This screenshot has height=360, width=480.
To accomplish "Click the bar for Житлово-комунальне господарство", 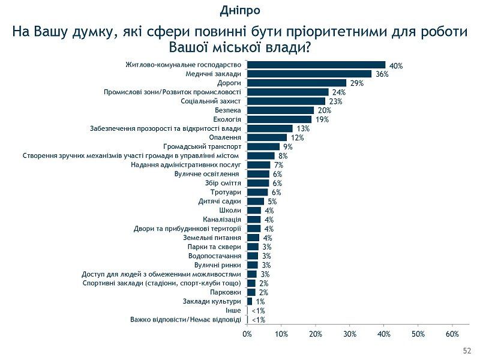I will (x=316, y=65).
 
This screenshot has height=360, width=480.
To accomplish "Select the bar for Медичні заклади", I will (x=309, y=74).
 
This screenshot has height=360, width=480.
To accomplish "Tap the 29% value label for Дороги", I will (x=357, y=83).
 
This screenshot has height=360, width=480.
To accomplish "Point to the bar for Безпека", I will (x=281, y=110).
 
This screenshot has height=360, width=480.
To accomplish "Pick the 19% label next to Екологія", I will (x=322, y=120).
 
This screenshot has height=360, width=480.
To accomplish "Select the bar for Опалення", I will (x=267, y=137).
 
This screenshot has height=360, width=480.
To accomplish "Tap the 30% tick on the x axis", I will (x=350, y=334).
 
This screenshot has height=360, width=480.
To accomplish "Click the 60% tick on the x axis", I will (x=452, y=334).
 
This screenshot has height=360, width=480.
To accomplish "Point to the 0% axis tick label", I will (x=247, y=334).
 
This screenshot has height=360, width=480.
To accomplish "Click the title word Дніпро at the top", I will (x=240, y=10).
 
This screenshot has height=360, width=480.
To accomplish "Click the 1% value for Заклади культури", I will (x=260, y=302).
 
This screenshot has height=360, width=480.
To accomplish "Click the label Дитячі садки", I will (x=220, y=201).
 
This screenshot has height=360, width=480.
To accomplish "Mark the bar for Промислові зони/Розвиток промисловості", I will (x=288, y=92).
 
